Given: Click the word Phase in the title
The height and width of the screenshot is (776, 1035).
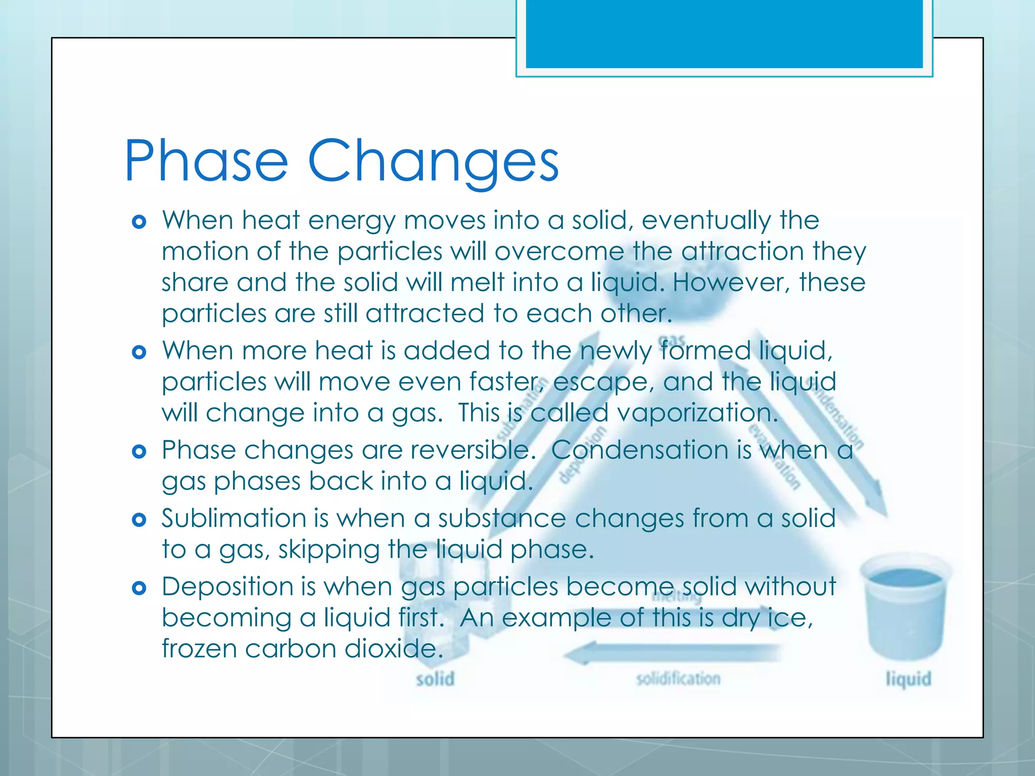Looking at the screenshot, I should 206,161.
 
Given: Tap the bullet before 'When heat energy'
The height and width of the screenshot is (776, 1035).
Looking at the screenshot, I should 139,222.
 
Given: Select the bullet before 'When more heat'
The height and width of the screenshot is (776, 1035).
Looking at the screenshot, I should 139,352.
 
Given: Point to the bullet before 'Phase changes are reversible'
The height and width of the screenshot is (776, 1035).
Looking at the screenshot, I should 139,451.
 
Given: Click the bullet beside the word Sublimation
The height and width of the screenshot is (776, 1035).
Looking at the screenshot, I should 139,519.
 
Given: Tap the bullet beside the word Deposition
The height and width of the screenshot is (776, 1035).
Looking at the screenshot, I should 139,588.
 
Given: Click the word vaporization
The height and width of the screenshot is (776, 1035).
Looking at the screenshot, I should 697,413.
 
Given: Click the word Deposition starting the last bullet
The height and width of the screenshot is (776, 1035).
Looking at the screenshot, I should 227,587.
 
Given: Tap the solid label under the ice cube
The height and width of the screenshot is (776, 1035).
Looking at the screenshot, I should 435,679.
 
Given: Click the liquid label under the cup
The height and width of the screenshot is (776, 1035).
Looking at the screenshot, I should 908,679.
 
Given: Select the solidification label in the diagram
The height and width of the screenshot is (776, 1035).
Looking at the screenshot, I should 678,679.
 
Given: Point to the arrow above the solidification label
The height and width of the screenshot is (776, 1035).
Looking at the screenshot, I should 672,653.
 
